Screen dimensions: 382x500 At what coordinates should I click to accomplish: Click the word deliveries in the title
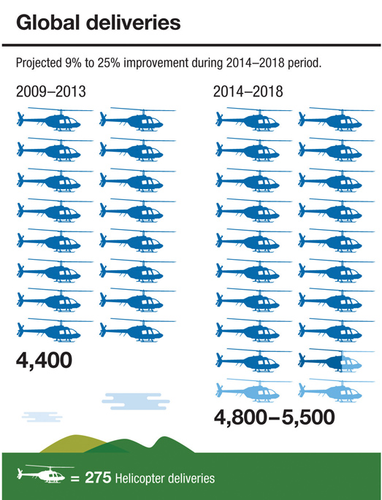coord(132,23)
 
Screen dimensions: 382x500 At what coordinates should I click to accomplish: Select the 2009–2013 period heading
coord(50,92)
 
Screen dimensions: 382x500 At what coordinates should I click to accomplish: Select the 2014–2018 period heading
coord(248,92)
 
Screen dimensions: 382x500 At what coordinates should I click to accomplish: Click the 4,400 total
coord(44,361)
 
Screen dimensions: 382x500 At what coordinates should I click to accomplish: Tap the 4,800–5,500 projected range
coord(275,417)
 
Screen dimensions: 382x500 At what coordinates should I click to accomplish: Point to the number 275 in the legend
coord(99,478)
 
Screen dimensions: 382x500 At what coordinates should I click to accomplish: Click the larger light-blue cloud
coord(136,401)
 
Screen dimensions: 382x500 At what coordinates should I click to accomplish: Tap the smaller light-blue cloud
coord(42,417)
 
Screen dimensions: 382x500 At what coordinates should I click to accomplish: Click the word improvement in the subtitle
coord(156,64)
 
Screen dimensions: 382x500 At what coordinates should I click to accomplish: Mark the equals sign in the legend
coord(75,479)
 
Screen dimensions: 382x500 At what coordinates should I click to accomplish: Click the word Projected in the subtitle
coord(38,64)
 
